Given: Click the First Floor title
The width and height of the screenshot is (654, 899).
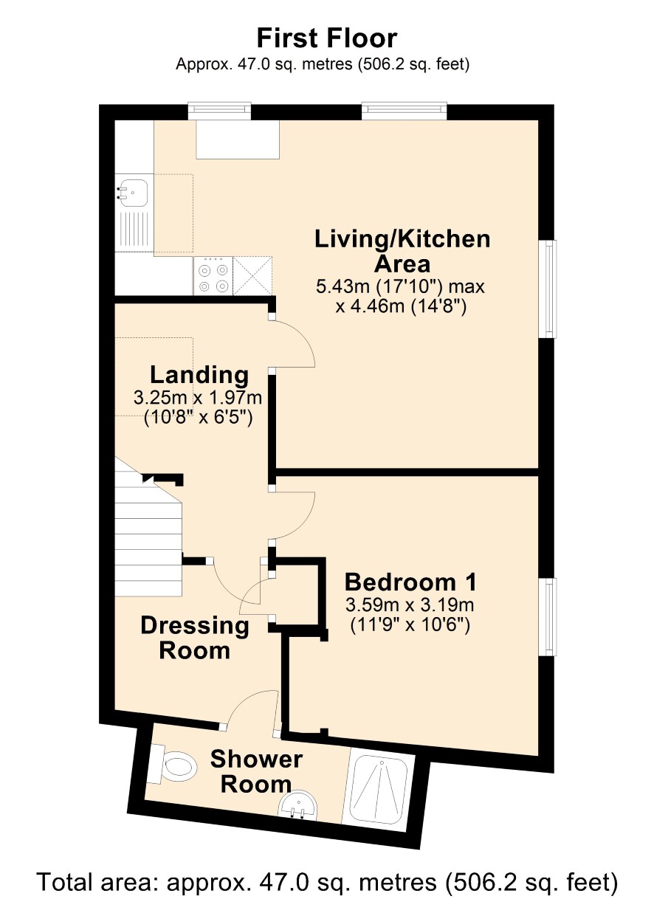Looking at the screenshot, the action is pyautogui.click(x=327, y=38).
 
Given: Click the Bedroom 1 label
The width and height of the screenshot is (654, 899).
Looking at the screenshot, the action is pyautogui.click(x=410, y=583).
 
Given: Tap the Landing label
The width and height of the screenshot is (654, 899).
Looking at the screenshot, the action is pyautogui.click(x=199, y=376).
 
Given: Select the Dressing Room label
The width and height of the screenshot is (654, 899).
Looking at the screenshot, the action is pyautogui.click(x=195, y=638).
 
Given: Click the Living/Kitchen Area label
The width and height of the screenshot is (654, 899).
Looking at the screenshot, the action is pyautogui.click(x=402, y=251).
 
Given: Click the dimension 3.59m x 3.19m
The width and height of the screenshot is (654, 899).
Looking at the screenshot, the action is pyautogui.click(x=410, y=605).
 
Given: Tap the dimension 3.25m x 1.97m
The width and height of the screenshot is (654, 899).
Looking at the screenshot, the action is pyautogui.click(x=198, y=398).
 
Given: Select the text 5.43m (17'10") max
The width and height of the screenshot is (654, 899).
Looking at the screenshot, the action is pyautogui.click(x=400, y=286).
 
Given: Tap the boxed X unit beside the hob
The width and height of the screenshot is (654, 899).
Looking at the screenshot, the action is pyautogui.click(x=252, y=276).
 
